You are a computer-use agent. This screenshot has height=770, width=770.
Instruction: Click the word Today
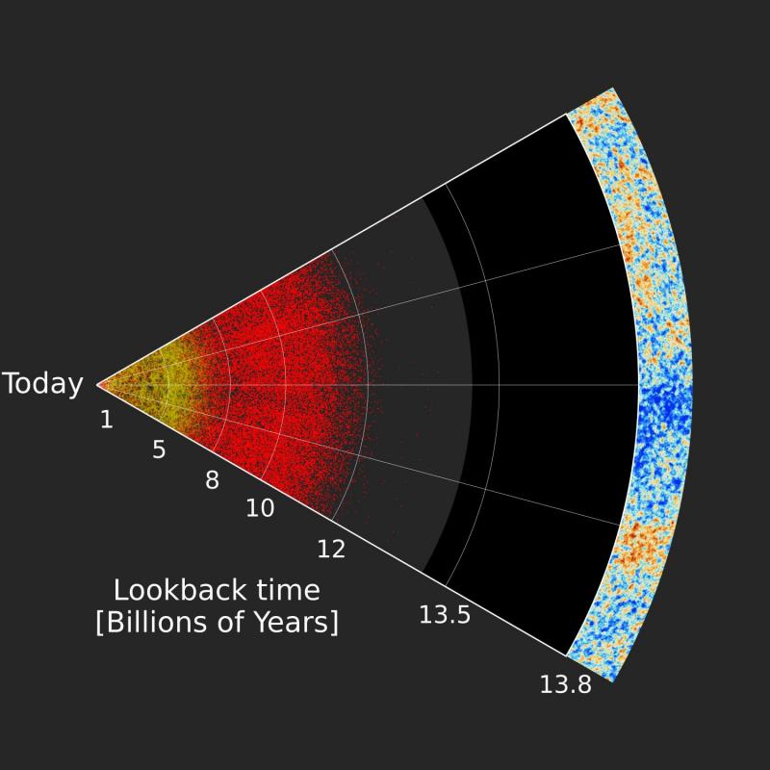coord(42,384)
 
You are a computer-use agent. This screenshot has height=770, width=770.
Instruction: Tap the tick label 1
coord(107,420)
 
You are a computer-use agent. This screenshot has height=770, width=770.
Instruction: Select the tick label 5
coord(159,449)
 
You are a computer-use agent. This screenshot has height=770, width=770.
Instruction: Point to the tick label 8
coord(212,479)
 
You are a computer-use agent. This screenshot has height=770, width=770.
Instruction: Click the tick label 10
coord(260,508)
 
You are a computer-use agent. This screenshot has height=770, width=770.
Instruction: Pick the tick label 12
coord(331,549)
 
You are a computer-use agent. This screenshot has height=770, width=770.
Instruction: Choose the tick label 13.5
coord(445,615)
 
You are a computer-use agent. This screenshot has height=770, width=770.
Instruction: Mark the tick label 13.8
coord(566,684)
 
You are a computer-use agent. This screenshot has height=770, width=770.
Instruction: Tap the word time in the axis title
coord(291,590)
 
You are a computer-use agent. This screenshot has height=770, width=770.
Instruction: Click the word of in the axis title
coord(231,622)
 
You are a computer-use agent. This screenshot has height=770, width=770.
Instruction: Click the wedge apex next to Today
coord(98,384)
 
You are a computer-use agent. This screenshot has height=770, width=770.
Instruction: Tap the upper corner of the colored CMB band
coord(612,88)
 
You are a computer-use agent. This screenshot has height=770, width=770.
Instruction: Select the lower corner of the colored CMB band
coord(612,681)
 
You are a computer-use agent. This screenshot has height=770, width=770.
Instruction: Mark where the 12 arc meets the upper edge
coord(332,249)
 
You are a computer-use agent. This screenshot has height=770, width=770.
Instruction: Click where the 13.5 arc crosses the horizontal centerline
coord(499,384)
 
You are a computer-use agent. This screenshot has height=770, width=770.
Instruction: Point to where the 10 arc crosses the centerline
coord(285,384)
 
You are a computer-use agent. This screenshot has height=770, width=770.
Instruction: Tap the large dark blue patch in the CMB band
coord(665,407)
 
